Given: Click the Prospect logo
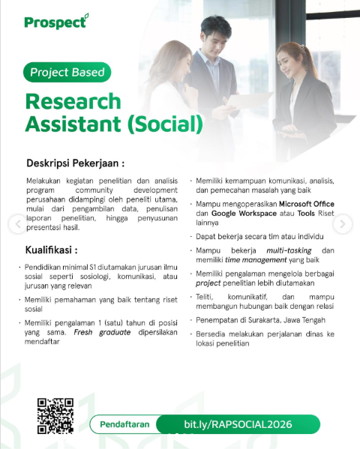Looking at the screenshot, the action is coord(56,22).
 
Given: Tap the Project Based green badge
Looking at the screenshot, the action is coord(67,72).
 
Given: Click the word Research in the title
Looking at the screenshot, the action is coord(73,101).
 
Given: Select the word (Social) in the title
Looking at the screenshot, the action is coord(166,124).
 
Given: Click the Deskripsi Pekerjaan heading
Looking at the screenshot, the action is coord(76,163).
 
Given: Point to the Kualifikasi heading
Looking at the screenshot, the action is coord(51,250).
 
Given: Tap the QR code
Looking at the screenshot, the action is coord(55,416).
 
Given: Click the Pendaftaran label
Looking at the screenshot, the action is coord(124,424).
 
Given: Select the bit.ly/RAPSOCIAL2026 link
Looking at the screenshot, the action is coord(238,424).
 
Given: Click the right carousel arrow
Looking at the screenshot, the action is coord(343,223).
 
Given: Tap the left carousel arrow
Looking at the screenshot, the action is coord(18,223).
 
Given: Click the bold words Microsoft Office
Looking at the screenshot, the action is coord(307,204).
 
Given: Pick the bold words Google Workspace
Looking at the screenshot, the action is coord(244,214).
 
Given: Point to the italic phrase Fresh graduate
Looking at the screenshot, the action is coord(102,332).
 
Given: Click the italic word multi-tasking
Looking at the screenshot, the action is coord(289,250).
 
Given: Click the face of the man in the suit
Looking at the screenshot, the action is coord(215,37).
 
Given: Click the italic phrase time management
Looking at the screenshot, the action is coord(256,259).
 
